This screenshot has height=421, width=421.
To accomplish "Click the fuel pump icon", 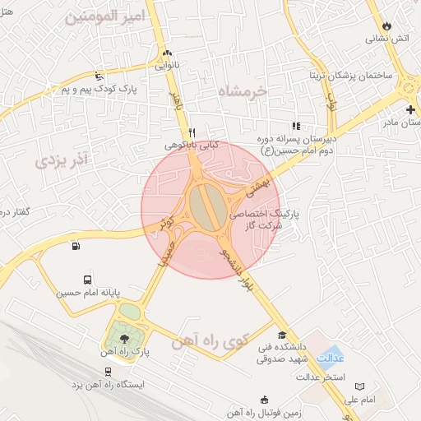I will pyautogui.click(x=76, y=245).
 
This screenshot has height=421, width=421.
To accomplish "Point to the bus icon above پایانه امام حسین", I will pyautogui.click(x=88, y=280).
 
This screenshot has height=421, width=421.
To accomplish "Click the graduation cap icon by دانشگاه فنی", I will pyautogui.click(x=283, y=335).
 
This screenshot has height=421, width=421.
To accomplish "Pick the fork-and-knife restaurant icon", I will pyautogui.click(x=192, y=132).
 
